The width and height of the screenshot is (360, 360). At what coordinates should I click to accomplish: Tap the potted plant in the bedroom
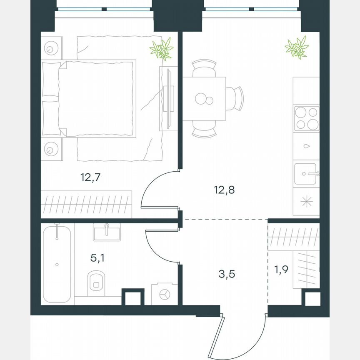click(162, 49)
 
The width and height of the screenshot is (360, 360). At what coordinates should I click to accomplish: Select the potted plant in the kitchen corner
click(297, 47)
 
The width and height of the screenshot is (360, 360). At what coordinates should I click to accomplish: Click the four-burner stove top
click(306, 118)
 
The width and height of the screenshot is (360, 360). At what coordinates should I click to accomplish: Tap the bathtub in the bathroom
click(57, 263)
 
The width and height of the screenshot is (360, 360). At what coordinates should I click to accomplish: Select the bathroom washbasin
click(107, 232)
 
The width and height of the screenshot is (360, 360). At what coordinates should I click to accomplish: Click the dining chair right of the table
click(236, 99)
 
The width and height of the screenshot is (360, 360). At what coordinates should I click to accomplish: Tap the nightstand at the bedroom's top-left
click(52, 47)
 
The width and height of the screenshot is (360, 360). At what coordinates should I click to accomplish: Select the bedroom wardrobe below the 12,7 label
click(87, 204)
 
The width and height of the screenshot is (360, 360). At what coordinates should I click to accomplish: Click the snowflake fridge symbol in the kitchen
click(306, 202)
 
